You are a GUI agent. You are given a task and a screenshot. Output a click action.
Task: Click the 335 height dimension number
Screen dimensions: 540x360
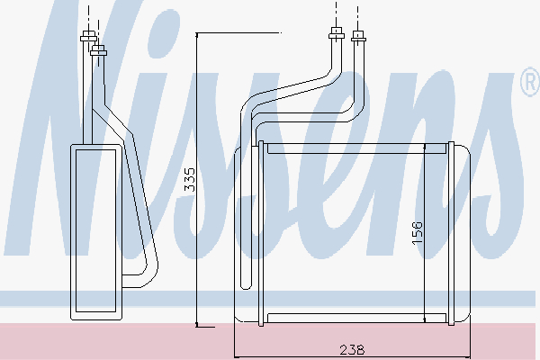(x=190, y=179)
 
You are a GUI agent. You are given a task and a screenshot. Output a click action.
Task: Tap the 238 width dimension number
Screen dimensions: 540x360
(x=352, y=350)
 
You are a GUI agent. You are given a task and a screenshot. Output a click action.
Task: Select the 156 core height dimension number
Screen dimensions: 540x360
(x=417, y=233)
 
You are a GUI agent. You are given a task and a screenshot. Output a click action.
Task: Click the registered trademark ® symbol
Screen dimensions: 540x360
(x=530, y=82)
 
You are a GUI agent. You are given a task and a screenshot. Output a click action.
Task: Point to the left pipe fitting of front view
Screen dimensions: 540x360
(x=337, y=33)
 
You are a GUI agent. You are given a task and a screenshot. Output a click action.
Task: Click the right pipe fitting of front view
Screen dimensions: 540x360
(x=358, y=36)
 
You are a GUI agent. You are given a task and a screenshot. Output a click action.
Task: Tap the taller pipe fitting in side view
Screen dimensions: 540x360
(x=88, y=36)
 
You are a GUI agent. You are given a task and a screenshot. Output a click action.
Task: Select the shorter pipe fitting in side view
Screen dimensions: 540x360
(x=98, y=50)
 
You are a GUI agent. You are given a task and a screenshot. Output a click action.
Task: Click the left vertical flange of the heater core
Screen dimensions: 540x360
(x=261, y=233)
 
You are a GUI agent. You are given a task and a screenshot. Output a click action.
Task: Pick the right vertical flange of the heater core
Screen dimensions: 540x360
(x=451, y=233)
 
